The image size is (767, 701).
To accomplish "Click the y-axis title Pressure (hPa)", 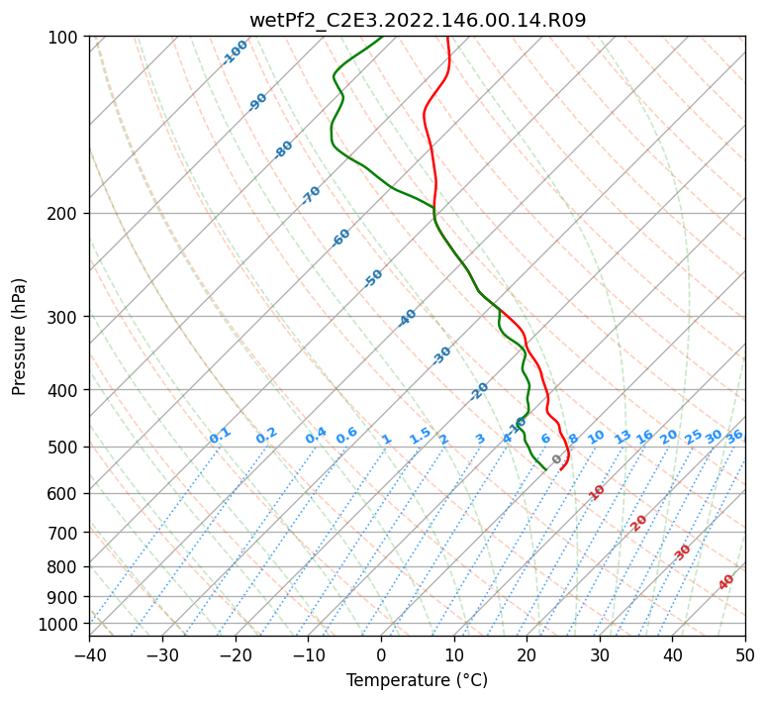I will (x=20, y=336).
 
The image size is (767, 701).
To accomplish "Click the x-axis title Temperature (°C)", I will (x=417, y=681).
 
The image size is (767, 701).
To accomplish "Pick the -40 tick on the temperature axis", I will (x=89, y=654).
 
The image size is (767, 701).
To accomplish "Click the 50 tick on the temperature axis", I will (x=745, y=654).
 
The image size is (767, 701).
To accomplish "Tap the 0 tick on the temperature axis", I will (x=381, y=654).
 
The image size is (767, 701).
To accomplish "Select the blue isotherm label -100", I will (x=235, y=51).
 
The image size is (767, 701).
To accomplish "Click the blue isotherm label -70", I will (x=311, y=195).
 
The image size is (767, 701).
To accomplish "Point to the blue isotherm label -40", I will (x=407, y=318).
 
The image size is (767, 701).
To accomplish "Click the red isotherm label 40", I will (x=726, y=582).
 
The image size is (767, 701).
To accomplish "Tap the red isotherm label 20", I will (x=639, y=522).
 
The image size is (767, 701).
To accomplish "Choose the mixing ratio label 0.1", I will (x=220, y=436).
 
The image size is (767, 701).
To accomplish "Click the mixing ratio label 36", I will (x=734, y=436).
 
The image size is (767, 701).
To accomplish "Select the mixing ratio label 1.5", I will (x=420, y=435).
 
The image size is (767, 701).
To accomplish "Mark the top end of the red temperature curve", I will (x=447, y=37).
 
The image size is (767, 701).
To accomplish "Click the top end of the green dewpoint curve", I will (x=382, y=37).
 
